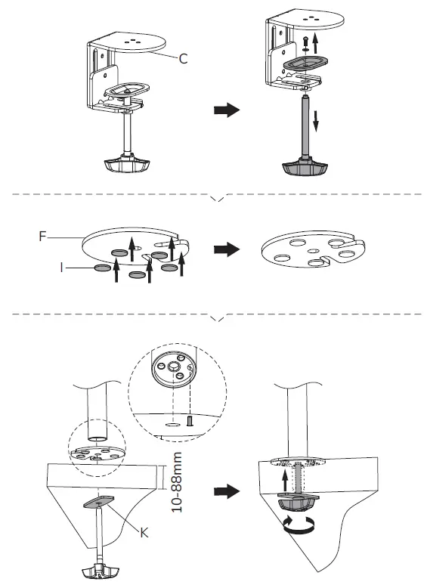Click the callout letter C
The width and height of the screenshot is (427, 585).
point(184,58)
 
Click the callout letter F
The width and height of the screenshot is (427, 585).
point(44,235)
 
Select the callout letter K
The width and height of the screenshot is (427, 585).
point(144,531)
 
